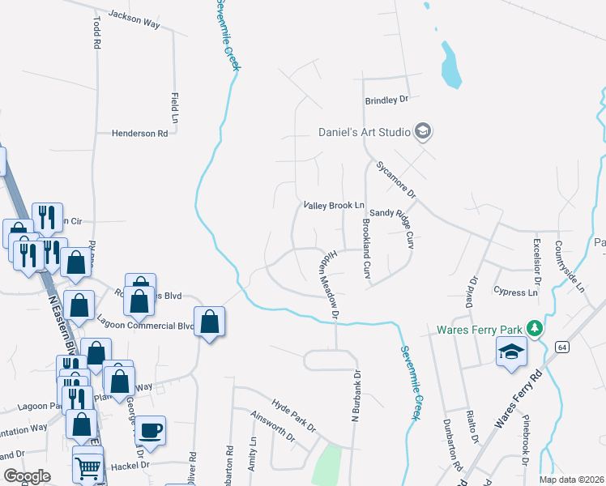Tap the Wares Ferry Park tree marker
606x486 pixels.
pos(533,328)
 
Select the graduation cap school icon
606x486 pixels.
pos(510,352)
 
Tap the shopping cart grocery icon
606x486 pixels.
pos(87,465)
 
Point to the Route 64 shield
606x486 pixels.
pos(562,347)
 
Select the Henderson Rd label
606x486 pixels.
pos(139,133)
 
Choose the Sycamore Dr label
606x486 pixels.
pos(395,180)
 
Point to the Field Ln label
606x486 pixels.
pos(174,103)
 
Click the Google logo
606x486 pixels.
pos(27,476)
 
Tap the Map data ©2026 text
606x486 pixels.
pos(571,480)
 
